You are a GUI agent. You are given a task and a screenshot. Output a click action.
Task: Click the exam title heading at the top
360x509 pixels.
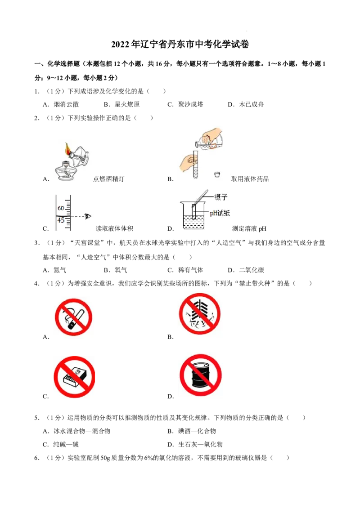pyautogui.click(x=180, y=44)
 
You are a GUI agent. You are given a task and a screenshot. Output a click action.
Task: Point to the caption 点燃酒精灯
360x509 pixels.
pyautogui.click(x=108, y=179)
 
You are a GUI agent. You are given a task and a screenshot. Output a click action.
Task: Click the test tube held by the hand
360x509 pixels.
pyautogui.click(x=195, y=164)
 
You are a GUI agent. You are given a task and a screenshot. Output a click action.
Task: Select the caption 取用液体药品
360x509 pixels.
pyautogui.click(x=250, y=179)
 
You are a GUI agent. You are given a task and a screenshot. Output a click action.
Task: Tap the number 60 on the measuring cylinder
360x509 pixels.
pyautogui.click(x=61, y=208)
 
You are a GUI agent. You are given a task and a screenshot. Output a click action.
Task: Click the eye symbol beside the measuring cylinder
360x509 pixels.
pyautogui.click(x=87, y=216)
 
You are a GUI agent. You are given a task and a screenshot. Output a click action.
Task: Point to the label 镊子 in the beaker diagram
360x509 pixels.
pyautogui.click(x=221, y=196)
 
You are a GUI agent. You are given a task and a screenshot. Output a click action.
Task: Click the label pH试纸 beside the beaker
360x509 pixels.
pyautogui.click(x=220, y=213)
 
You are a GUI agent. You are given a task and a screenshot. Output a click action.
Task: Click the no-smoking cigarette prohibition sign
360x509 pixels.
pyautogui.click(x=73, y=317)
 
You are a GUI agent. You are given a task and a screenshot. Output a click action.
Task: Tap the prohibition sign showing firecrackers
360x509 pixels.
pyautogui.click(x=199, y=313)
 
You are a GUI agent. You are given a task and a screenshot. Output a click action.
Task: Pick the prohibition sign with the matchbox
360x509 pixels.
pyautogui.click(x=74, y=376)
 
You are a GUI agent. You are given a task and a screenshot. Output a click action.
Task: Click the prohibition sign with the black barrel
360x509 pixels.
pyautogui.click(x=200, y=375)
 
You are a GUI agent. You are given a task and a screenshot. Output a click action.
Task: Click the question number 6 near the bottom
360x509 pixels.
pyautogui.click(x=37, y=458)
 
